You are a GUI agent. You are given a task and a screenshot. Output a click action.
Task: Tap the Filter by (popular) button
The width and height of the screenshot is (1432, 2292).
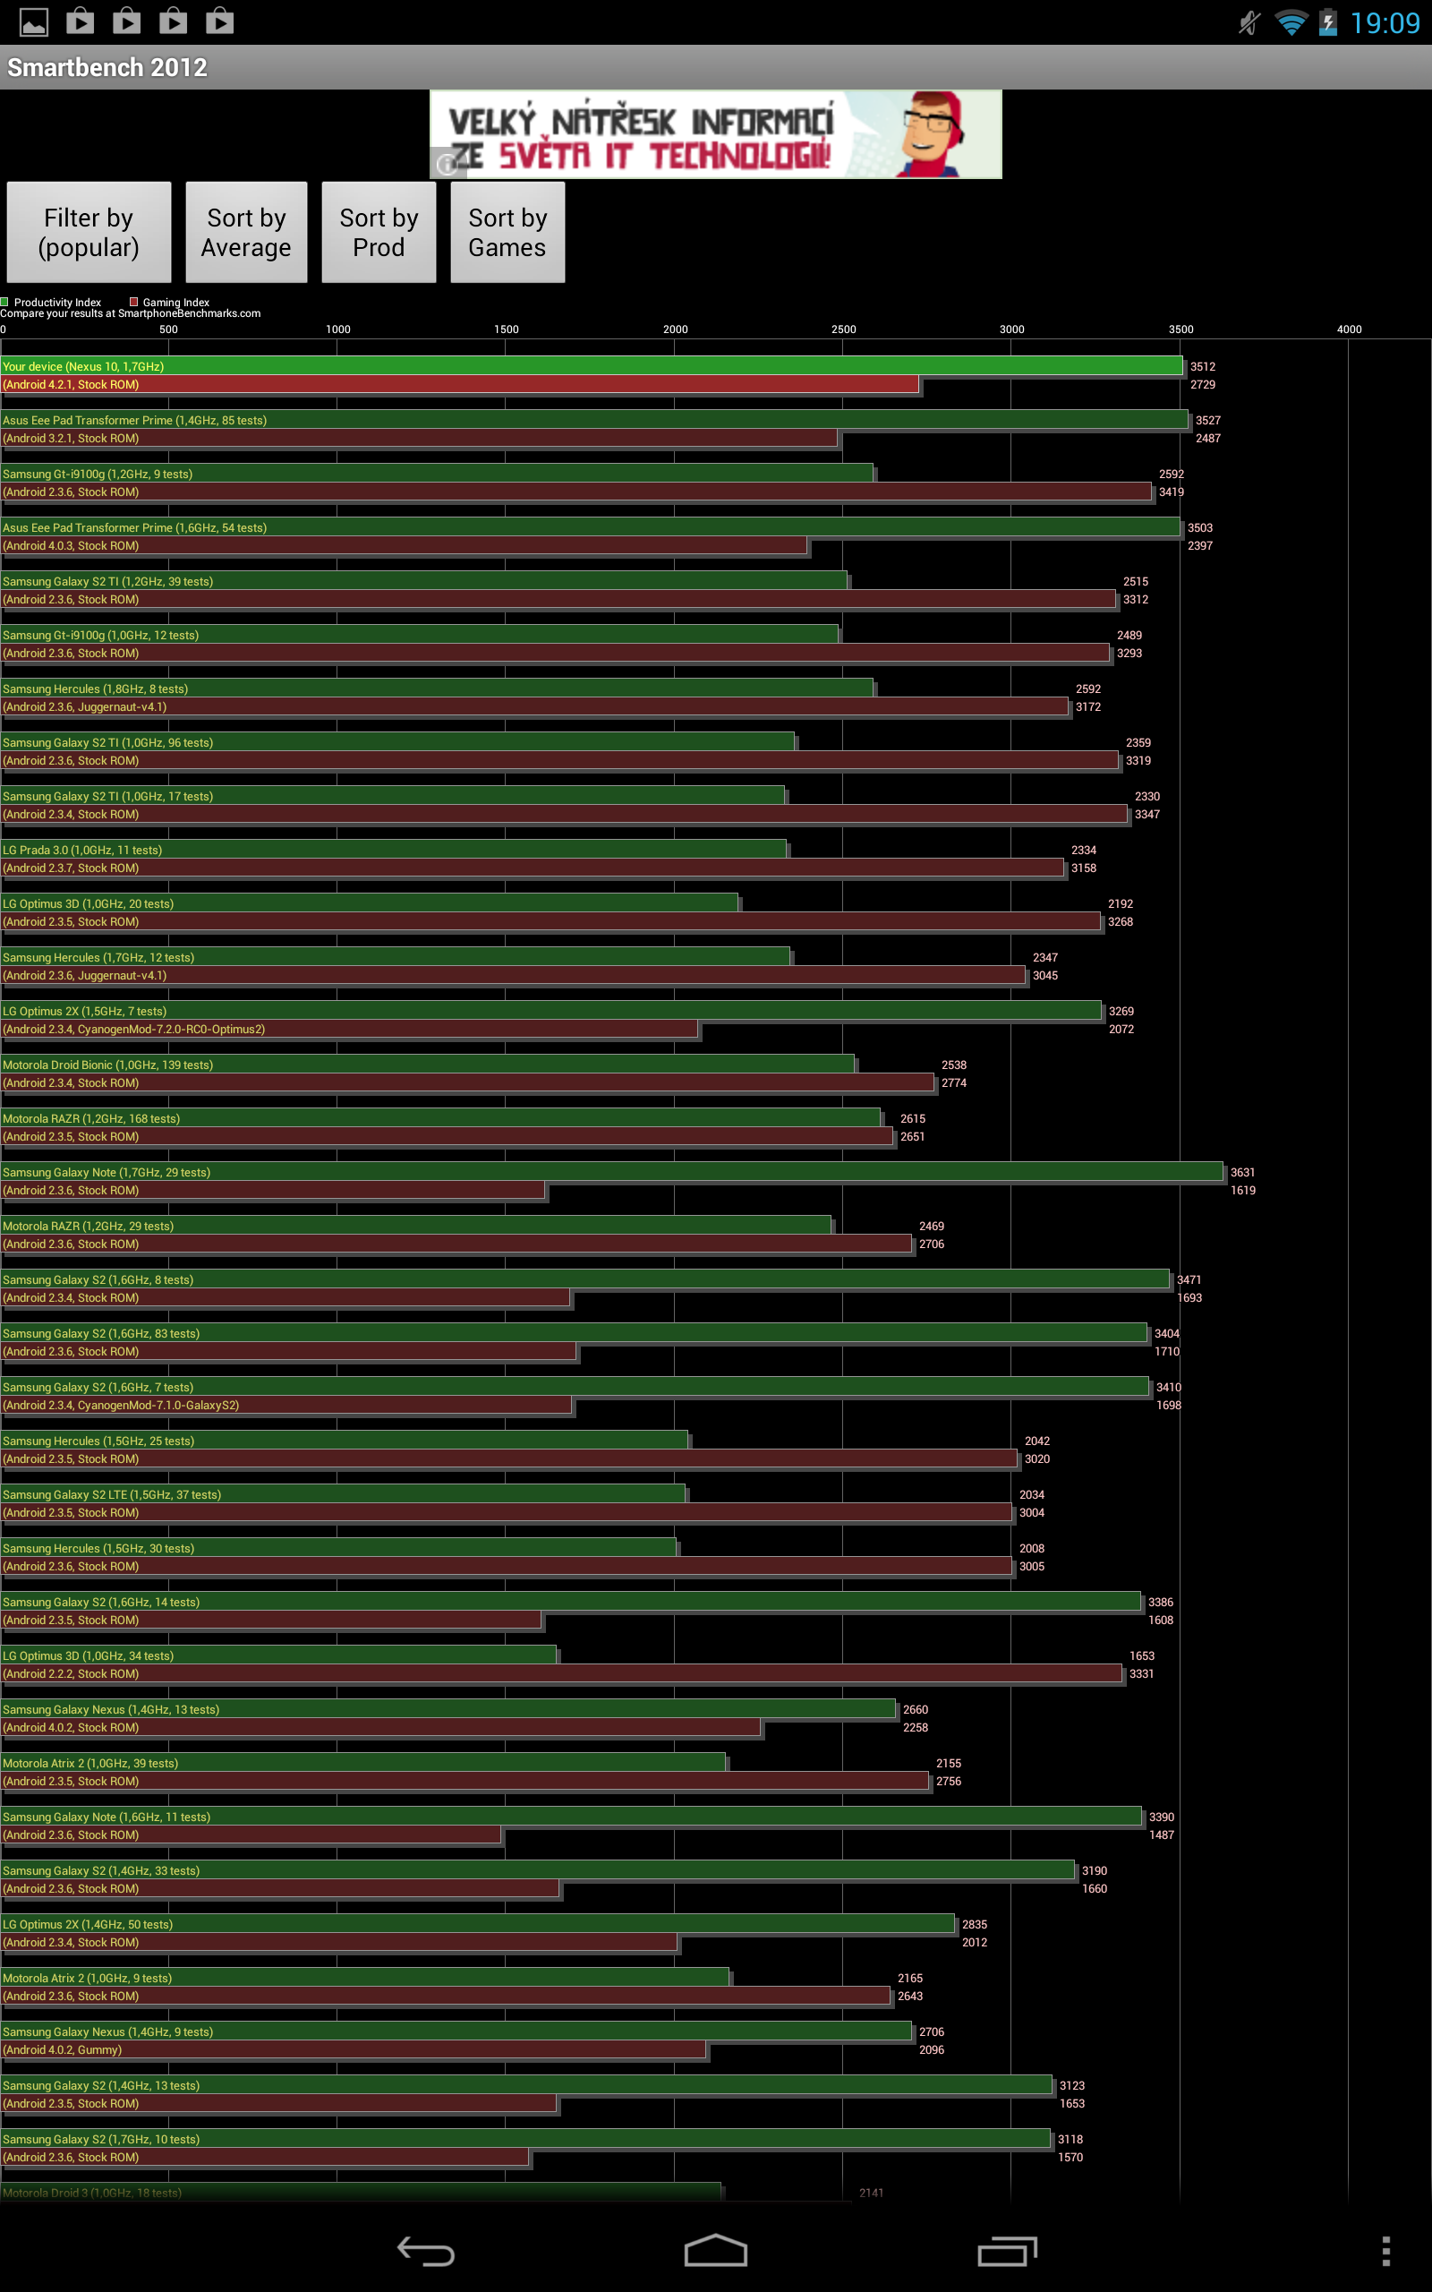point(89,232)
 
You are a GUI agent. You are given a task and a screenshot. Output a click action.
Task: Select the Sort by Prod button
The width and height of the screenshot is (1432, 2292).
point(379,232)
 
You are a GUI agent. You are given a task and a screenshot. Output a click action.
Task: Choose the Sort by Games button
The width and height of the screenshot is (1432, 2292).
point(507,232)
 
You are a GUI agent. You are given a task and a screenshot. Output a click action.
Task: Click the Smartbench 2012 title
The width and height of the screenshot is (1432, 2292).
point(107,67)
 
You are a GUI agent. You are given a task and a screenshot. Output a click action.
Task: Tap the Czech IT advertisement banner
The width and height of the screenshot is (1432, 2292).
point(715,134)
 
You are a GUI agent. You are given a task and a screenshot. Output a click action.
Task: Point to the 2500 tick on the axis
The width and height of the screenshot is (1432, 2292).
point(843,329)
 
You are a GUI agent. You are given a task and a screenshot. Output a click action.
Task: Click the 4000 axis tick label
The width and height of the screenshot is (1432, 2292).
point(1349,329)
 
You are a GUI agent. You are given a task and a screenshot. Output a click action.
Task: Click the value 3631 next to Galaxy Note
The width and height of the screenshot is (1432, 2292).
point(1242,1173)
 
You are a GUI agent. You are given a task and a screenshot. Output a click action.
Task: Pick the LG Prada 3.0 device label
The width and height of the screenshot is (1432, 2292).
point(82,851)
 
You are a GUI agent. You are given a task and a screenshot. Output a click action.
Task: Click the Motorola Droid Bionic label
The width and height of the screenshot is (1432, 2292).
point(108,1065)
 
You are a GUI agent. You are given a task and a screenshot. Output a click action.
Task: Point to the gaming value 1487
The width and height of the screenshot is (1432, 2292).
point(1161,1835)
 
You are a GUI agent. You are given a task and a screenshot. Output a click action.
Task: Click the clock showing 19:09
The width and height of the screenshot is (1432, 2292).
point(1385,22)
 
